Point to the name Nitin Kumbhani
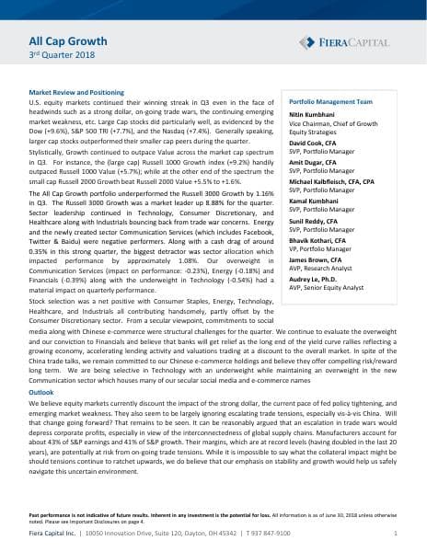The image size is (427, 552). tap(315, 114)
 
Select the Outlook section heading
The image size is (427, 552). tap(41, 392)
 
